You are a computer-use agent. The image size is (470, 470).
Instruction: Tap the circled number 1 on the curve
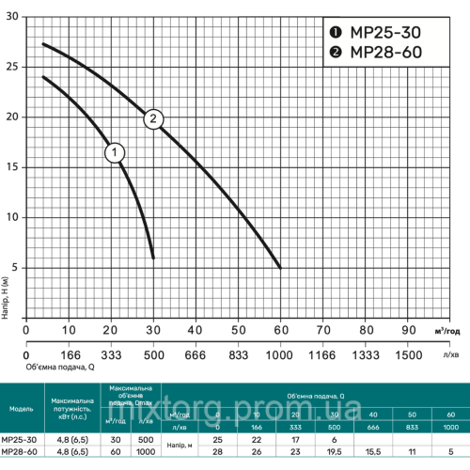(115, 152)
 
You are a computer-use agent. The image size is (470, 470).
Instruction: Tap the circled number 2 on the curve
(153, 118)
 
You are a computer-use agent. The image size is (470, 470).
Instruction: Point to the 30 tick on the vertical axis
(11, 18)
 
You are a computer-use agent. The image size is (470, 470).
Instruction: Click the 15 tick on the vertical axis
(11, 167)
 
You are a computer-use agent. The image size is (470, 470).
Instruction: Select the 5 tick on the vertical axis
(14, 267)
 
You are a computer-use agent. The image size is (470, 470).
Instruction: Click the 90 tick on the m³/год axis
(408, 331)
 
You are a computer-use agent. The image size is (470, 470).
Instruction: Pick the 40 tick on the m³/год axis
(196, 331)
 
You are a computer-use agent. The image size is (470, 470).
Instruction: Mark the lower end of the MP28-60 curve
(280, 267)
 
